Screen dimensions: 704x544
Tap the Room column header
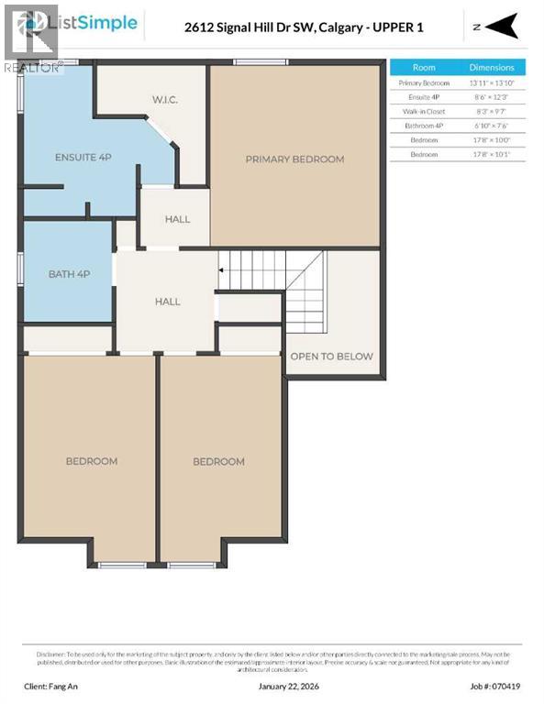(424, 67)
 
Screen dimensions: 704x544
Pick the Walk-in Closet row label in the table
(424, 111)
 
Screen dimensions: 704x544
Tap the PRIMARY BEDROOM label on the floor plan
(294, 159)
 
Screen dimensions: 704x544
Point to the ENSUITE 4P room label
(83, 158)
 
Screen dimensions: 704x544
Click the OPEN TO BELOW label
(331, 356)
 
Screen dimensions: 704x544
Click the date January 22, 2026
(272, 685)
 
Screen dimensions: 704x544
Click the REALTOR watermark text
(32, 67)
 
